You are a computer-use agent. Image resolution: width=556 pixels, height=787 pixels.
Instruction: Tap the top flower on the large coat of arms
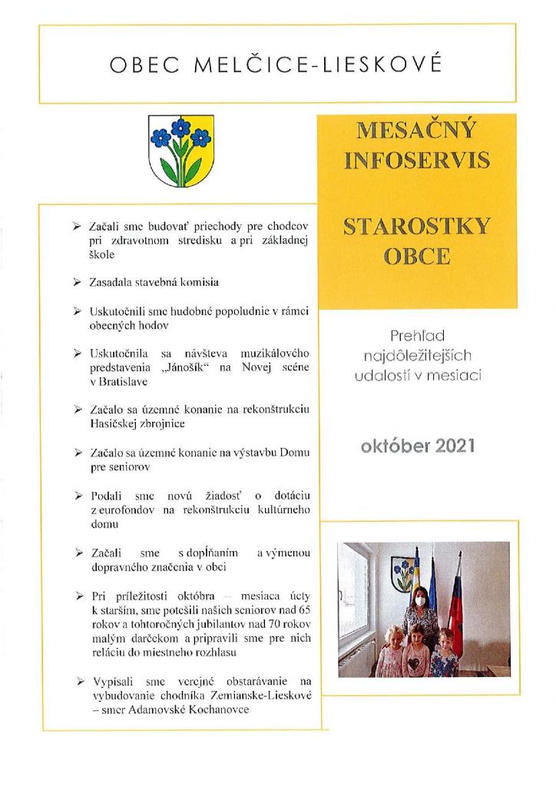click(181, 128)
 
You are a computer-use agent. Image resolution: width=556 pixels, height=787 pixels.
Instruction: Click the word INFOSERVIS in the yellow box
click(417, 161)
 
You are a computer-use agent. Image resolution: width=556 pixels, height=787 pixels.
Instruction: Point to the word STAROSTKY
click(417, 228)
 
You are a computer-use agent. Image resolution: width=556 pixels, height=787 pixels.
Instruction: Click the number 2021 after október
click(450, 446)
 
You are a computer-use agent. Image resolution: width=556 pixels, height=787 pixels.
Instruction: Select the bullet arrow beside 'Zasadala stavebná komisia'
click(77, 283)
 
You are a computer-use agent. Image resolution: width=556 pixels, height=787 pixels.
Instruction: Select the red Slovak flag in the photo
click(456, 607)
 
